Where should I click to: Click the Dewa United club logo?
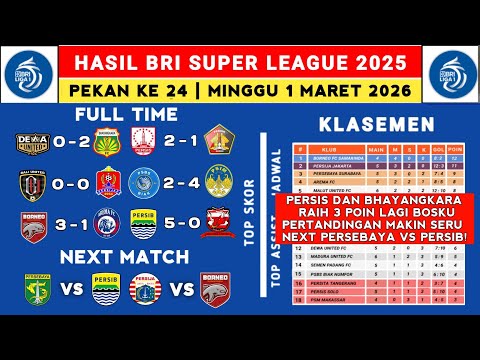[x=27, y=142]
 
